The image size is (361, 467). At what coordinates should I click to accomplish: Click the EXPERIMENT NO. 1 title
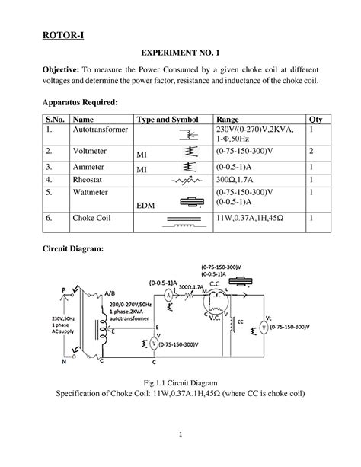coord(180,57)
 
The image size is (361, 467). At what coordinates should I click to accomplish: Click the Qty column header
coord(315,120)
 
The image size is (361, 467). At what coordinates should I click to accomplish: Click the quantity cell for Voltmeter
coord(312,152)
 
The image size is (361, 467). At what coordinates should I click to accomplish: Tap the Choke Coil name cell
coord(94,218)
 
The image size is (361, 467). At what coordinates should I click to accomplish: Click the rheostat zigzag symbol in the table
coord(183,181)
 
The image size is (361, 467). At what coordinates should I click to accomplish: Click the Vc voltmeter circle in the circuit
coord(263,327)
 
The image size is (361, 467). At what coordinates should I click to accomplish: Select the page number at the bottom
coord(180,435)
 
